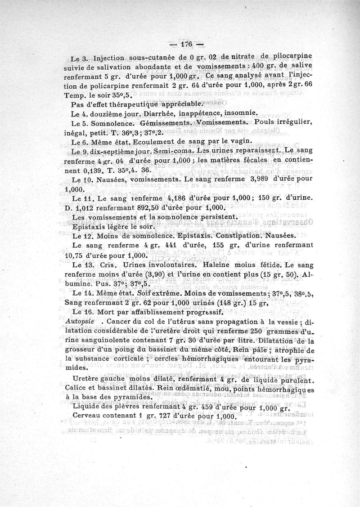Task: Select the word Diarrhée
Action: pos(147,114)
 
